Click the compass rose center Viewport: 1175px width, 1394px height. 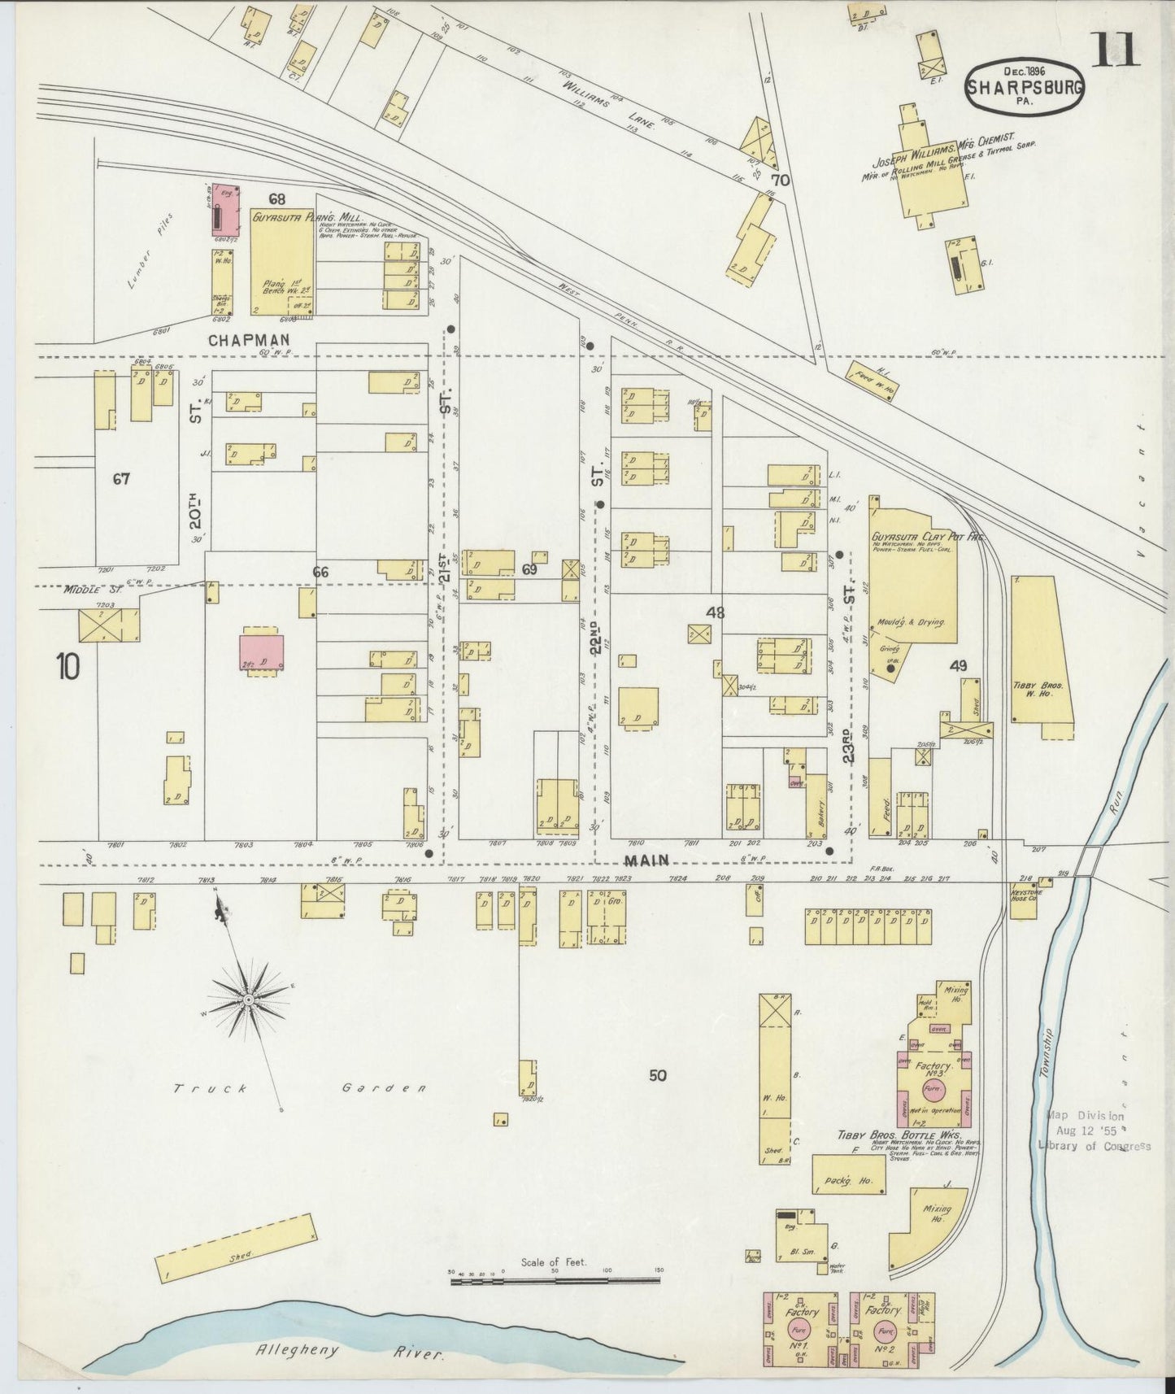246,998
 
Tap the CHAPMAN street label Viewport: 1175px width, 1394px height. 238,341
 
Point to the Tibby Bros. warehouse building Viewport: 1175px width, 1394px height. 1041,651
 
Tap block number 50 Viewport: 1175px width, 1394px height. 658,1075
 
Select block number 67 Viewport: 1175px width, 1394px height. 121,479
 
